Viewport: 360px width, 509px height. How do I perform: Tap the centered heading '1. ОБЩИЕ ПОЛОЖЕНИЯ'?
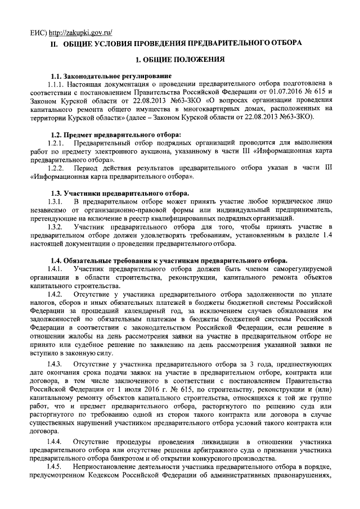click(180, 59)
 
